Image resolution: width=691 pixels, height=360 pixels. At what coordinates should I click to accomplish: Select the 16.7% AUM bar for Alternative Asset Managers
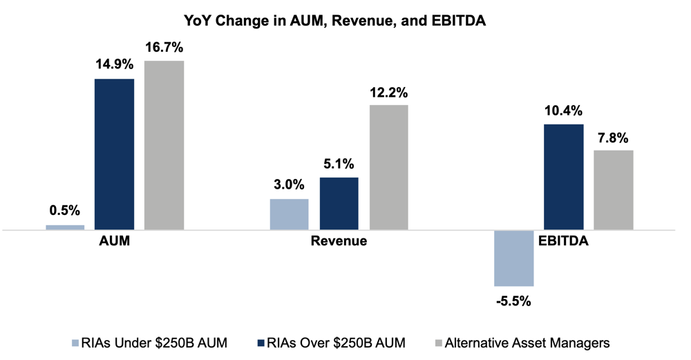tap(164, 145)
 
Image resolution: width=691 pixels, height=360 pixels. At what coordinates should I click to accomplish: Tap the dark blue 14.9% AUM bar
tap(114, 154)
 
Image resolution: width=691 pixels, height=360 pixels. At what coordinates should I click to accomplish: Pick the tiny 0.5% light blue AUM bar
tap(65, 227)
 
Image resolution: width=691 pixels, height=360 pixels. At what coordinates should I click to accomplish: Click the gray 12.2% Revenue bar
tap(388, 167)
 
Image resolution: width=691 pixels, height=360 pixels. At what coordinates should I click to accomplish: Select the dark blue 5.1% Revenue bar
tap(339, 203)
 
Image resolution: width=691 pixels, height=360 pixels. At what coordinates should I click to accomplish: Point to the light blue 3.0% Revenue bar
tap(289, 214)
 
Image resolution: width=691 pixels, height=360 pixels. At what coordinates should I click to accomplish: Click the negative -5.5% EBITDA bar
tap(514, 258)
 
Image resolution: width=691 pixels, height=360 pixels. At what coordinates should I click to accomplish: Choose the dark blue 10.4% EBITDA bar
tap(564, 177)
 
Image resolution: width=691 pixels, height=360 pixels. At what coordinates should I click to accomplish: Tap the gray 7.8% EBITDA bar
tap(614, 190)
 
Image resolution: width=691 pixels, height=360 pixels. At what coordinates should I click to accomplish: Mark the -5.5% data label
tap(514, 301)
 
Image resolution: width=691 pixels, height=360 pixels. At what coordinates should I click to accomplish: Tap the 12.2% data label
tap(388, 92)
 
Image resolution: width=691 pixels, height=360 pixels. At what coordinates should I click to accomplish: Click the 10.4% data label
tap(564, 111)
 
